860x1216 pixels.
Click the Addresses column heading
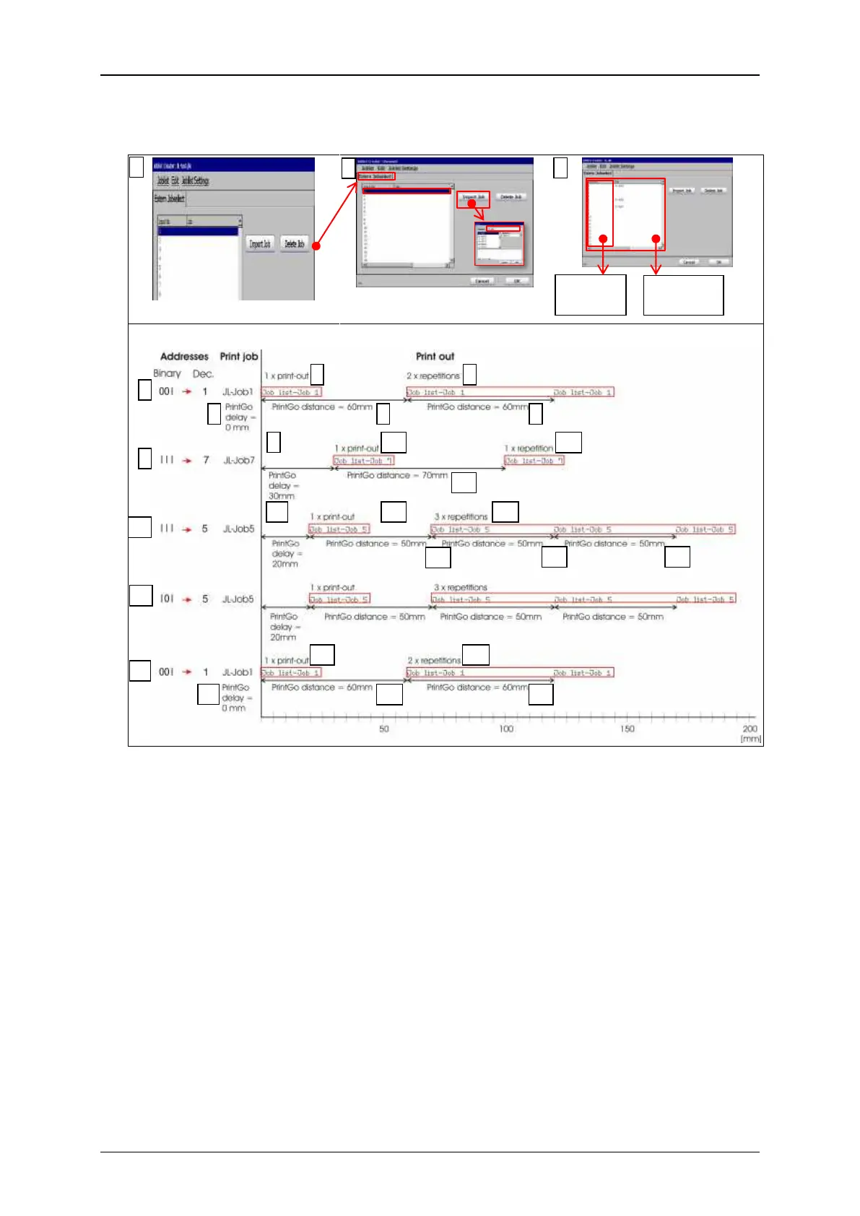pos(184,356)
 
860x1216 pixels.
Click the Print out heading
pos(435,356)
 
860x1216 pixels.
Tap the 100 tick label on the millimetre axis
pos(506,729)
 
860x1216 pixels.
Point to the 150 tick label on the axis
pos(627,729)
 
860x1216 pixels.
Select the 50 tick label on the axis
pos(384,729)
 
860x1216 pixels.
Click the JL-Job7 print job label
pos(238,460)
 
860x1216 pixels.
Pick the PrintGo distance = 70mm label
pos(397,475)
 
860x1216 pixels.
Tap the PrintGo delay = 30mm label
pos(282,485)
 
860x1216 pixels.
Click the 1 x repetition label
pos(529,448)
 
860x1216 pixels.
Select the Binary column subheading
pos(167,373)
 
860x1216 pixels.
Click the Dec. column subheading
pos(203,374)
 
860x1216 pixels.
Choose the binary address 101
pos(167,599)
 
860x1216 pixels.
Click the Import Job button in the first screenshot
pos(260,244)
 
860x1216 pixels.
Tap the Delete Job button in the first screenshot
pos(294,244)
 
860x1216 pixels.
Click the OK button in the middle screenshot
pos(516,281)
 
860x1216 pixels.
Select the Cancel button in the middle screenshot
pos(482,281)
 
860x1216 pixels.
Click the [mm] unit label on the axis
pos(751,739)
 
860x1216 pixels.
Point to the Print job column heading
pos(239,356)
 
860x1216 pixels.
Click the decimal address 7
pos(206,460)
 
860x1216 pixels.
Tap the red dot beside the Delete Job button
pos(316,246)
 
